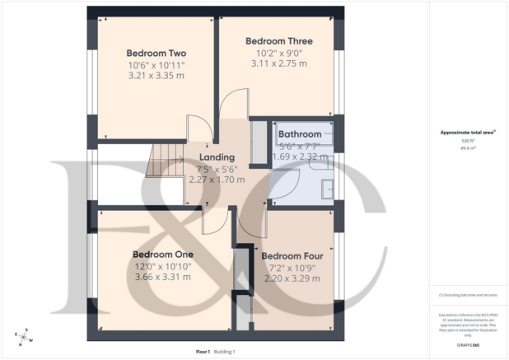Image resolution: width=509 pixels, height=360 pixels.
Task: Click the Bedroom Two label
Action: [x=156, y=54]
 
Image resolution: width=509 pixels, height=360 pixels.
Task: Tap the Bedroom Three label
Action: [x=279, y=40]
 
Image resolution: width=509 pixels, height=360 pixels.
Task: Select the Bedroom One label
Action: [x=166, y=254]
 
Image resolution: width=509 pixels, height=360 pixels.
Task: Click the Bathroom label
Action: [x=300, y=134]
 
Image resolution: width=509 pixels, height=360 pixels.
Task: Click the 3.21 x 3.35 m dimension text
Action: [x=156, y=77]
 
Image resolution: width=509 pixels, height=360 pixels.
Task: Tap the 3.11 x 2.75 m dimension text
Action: [x=279, y=63]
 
